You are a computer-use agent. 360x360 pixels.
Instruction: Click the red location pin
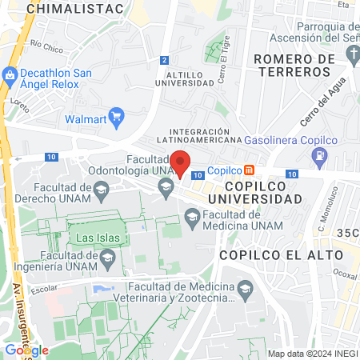(180, 162)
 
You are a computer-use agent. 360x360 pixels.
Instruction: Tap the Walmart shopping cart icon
(116, 117)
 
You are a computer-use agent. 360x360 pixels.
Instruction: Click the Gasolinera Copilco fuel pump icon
(320, 154)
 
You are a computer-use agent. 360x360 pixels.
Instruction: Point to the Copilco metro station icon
(250, 170)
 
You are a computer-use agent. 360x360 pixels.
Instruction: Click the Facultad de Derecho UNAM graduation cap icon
(101, 190)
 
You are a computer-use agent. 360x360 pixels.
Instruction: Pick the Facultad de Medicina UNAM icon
(192, 216)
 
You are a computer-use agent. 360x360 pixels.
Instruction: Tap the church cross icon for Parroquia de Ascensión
(354, 53)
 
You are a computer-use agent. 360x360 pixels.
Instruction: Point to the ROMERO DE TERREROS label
(291, 66)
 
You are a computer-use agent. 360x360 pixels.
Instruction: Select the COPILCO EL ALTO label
(280, 254)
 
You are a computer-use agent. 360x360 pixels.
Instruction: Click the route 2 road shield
(164, 60)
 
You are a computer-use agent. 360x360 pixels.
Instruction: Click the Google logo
(26, 350)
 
